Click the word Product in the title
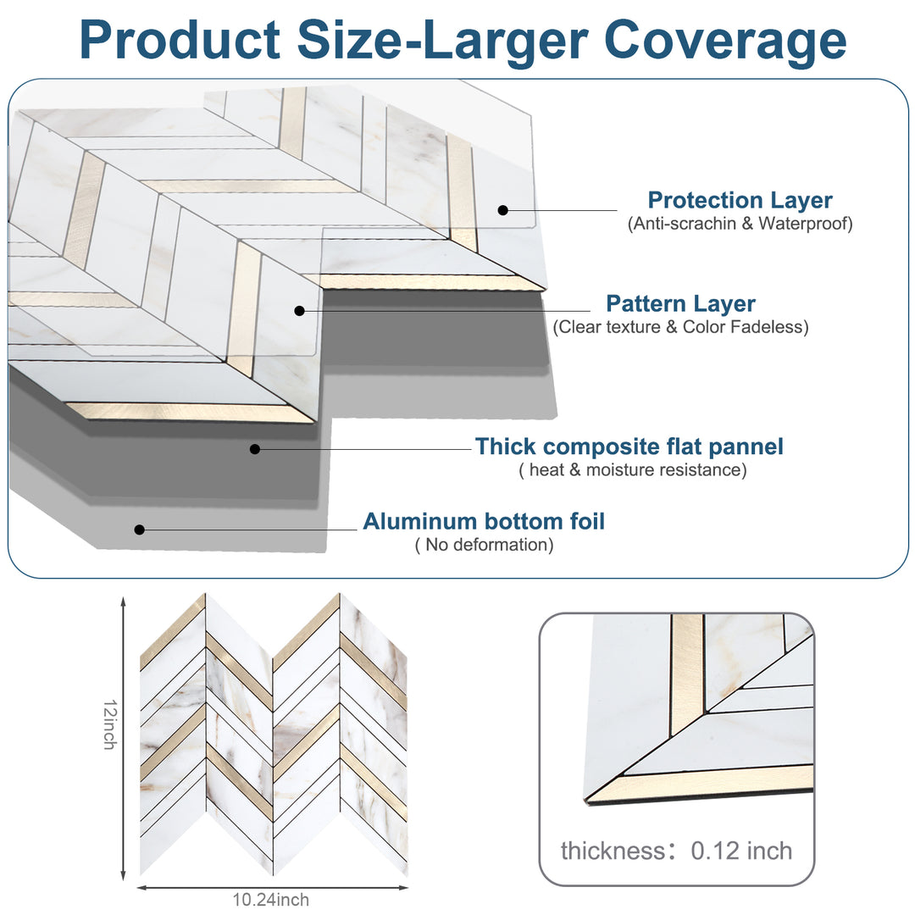pos(180,39)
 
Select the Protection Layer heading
pos(740,201)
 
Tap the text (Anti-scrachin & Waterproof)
pos(740,225)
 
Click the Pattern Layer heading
pos(680,303)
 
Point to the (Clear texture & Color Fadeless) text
pos(680,327)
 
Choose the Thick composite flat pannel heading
pos(629,446)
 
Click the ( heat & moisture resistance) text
pos(632,470)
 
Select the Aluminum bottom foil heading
pos(484,521)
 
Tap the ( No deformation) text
pos(484,545)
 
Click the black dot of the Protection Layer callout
pos(502,209)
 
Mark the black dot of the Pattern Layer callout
pos(299,311)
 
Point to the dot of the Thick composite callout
pos(255,448)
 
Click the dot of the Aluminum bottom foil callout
pos(140,530)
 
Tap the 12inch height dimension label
pos(109,724)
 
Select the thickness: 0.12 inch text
pos(676,851)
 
